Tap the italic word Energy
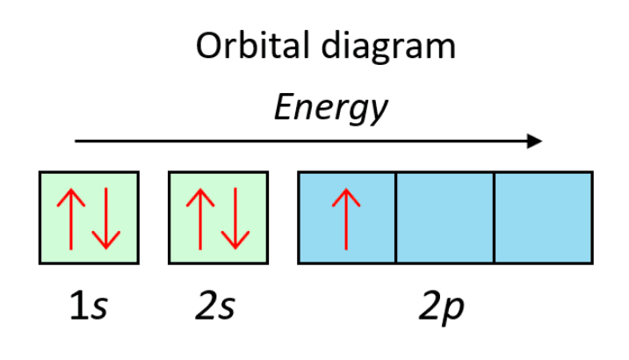coord(329,108)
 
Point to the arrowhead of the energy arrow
coord(536,140)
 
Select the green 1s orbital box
coord(88,217)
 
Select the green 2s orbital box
coord(218,217)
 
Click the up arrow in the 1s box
coord(69,218)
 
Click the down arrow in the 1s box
coord(107,218)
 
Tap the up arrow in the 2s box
coord(199,218)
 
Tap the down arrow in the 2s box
coord(236,218)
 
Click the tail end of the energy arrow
coord(77,140)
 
